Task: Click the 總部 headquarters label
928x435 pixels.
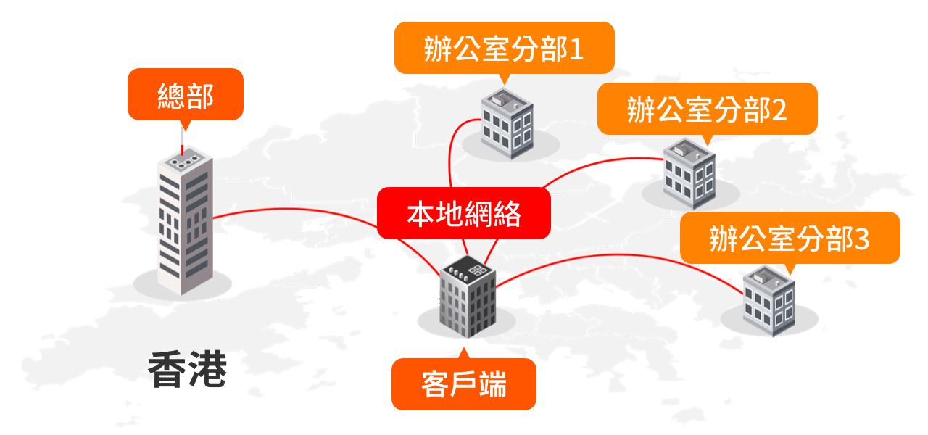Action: (186, 94)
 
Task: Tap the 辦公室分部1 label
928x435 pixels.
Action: (504, 48)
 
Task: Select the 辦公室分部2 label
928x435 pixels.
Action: (707, 109)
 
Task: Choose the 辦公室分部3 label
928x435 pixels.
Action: (790, 238)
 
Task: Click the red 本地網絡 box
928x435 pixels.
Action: (464, 213)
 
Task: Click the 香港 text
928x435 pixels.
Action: (187, 369)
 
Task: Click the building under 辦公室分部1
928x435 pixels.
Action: (507, 123)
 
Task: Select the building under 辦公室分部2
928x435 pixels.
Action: (689, 173)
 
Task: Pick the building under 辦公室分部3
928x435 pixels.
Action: (769, 301)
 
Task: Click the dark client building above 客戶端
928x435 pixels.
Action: (468, 297)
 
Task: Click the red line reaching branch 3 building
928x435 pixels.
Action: (619, 254)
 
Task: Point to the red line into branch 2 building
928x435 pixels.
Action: (601, 165)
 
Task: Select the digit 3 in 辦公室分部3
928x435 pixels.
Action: (862, 239)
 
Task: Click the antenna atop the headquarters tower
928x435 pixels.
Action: (182, 141)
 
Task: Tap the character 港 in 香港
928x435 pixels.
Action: (207, 369)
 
